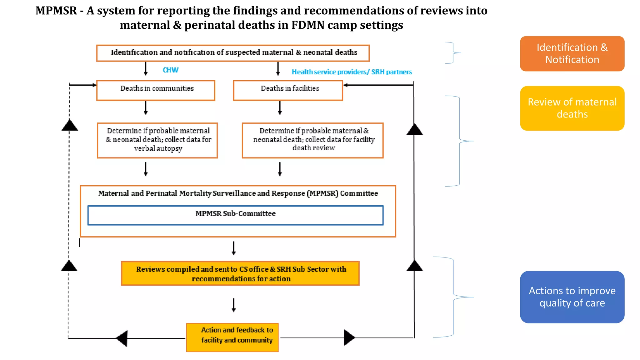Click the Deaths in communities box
coord(156,90)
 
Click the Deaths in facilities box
coord(288,90)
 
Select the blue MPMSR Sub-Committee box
coord(235,215)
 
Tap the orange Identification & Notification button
coord(572,54)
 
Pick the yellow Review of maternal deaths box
coord(572,108)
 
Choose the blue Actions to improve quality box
coord(572,297)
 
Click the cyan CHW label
coord(170,70)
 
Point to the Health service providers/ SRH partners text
coord(352,72)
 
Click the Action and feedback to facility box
coord(232,337)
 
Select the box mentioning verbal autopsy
coord(157,140)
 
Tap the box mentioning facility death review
coord(312,140)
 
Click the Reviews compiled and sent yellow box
coord(240,273)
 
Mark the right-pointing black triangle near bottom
coord(349,337)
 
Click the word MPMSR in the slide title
coord(56,11)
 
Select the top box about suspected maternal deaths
coord(233,53)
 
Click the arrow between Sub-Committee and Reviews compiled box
coord(233,248)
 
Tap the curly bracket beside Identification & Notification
coord(453,53)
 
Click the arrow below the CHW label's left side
coord(146,68)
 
